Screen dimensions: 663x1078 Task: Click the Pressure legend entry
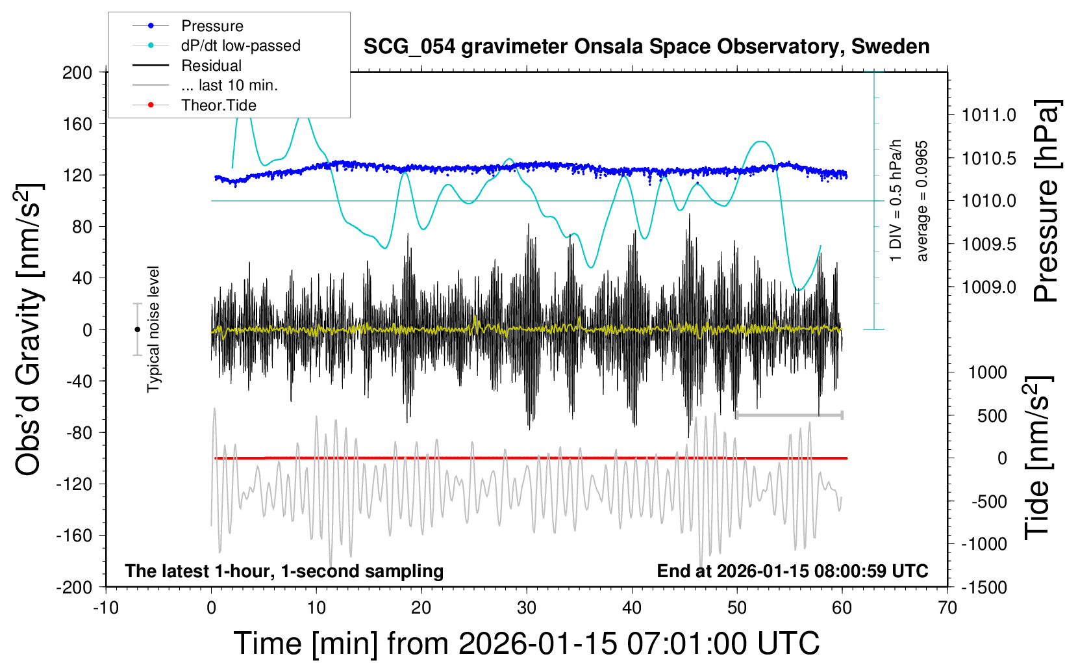click(212, 26)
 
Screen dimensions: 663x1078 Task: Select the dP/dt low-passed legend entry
click(240, 45)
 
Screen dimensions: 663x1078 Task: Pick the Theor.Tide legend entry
click(218, 105)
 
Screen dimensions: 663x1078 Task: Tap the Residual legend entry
click(211, 66)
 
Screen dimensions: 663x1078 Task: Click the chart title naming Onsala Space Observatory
click(646, 47)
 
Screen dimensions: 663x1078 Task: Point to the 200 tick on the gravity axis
click(77, 72)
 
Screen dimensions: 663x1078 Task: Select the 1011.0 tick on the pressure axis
click(989, 115)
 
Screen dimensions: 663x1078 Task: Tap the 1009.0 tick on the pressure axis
click(989, 287)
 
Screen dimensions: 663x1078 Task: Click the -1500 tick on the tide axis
click(984, 588)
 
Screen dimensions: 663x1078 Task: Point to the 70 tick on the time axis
click(947, 608)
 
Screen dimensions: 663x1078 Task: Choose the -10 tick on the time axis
click(106, 608)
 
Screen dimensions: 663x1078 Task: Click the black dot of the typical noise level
click(137, 330)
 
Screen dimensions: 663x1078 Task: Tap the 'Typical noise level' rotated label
click(153, 329)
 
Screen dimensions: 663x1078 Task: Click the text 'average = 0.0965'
click(922, 201)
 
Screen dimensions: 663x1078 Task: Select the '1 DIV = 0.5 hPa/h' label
click(896, 200)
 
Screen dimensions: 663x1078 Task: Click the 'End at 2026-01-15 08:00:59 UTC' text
click(792, 571)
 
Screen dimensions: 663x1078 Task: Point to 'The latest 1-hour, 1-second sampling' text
click(284, 571)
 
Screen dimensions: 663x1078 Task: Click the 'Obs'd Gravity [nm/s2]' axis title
click(29, 330)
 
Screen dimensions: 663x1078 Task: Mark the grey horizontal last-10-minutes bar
click(789, 415)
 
